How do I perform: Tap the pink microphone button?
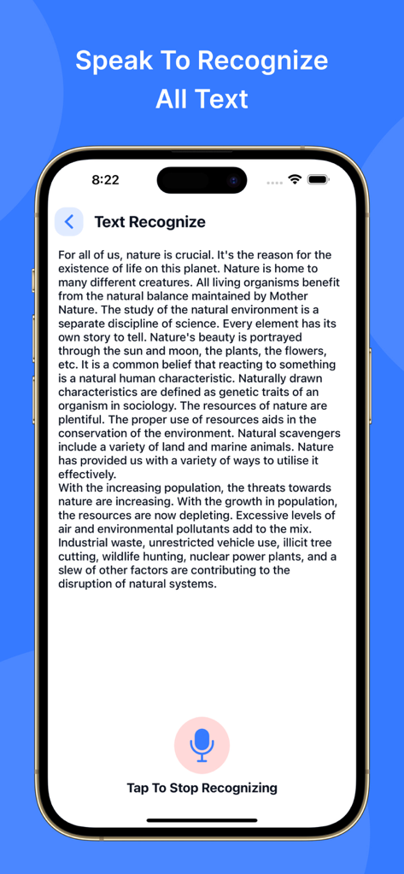tap(202, 744)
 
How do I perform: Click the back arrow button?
tap(69, 222)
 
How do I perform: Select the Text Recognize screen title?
tap(149, 222)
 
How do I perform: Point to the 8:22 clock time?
tap(105, 180)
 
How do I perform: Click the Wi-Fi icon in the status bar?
tap(295, 180)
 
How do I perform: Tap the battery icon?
tap(319, 180)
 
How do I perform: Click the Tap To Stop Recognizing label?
tap(202, 788)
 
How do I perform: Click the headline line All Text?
tap(202, 99)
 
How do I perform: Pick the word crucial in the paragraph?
tap(187, 255)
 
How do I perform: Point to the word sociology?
tap(149, 405)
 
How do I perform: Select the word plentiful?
tap(82, 419)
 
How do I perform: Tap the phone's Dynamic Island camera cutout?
tap(202, 180)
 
